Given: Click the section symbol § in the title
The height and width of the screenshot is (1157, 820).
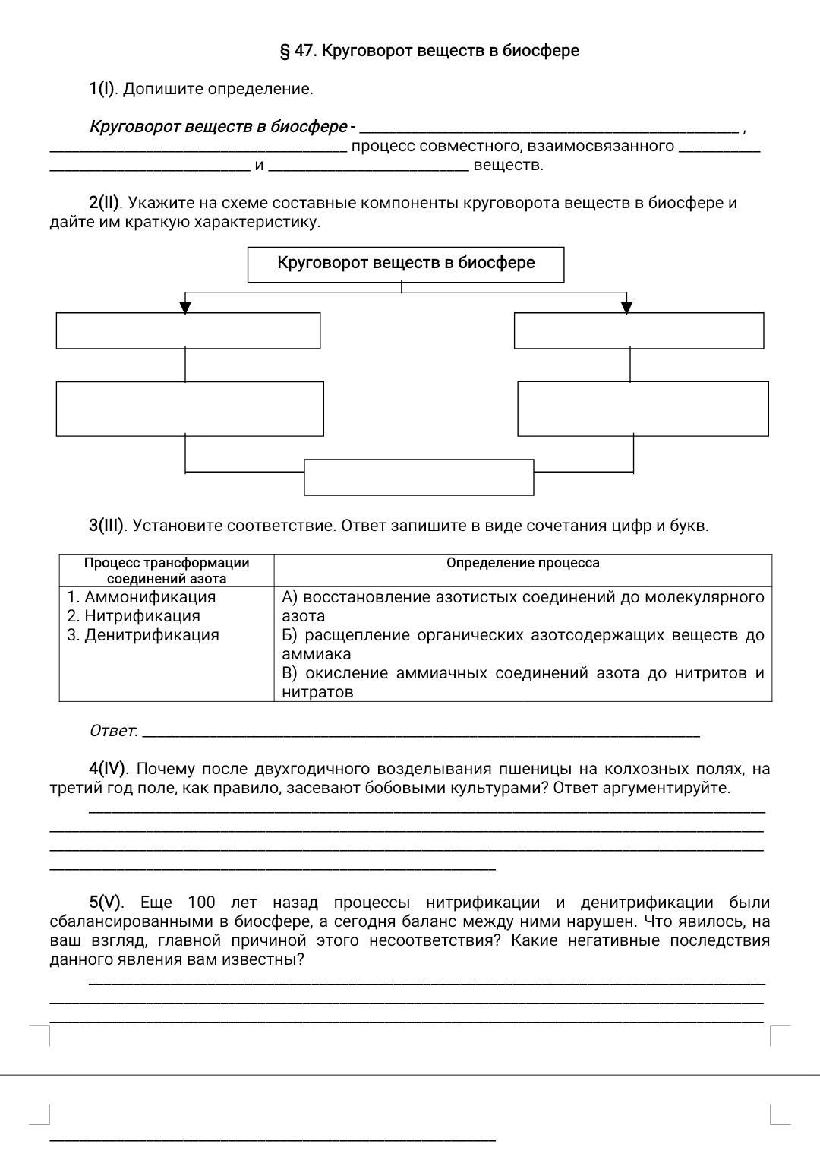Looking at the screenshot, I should point(285,51).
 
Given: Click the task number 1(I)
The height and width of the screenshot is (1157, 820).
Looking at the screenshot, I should point(102,89).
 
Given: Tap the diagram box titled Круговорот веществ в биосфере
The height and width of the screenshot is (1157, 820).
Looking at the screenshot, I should point(405,264).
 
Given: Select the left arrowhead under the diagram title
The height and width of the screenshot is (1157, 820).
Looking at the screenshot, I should point(185,307).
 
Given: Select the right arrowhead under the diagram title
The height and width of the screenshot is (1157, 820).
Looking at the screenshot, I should point(626,307).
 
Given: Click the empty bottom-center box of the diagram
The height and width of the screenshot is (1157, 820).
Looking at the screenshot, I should point(418,477).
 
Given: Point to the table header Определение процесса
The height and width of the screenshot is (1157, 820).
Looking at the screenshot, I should point(522,563).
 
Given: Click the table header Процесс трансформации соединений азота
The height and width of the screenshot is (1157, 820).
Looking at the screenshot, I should point(166,571).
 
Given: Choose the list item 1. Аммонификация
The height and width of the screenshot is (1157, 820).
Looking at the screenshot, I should point(141,597).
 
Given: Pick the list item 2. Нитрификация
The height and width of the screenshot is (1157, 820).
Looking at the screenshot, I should point(134,616).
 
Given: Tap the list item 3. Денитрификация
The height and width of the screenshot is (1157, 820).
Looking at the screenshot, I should point(143,635).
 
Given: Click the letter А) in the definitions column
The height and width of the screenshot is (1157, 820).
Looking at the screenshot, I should point(289,597).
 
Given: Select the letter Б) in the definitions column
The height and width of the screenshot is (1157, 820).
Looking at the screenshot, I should point(289,635).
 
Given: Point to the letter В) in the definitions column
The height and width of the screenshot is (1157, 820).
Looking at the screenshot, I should point(289,673).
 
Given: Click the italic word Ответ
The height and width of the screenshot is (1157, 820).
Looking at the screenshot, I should point(112,731).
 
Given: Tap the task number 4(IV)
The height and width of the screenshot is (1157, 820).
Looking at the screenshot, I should point(107,769).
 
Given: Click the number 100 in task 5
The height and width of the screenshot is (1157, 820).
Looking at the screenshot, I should point(201,903).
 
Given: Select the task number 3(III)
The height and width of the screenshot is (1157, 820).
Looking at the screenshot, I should point(106,526).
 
